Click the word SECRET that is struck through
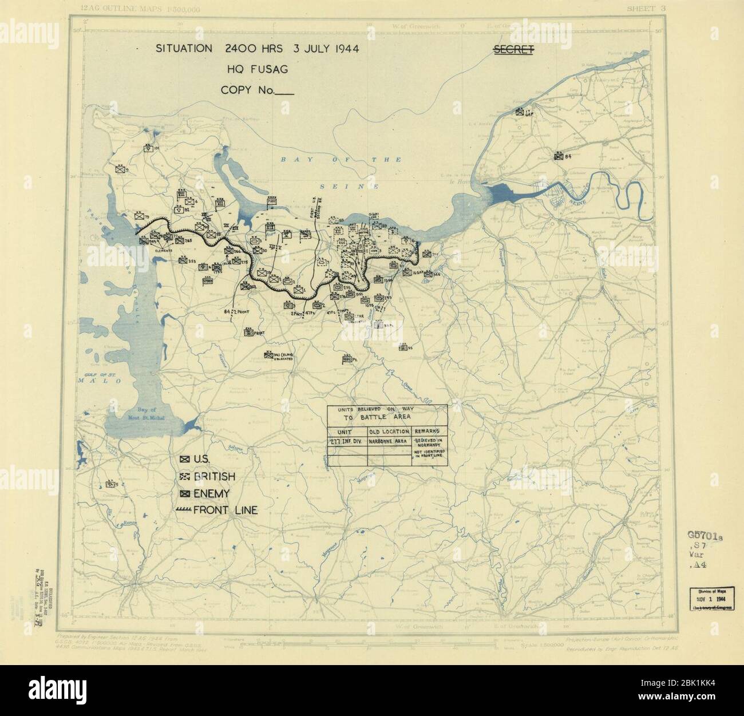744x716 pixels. click(513, 50)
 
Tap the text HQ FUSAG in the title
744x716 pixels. click(256, 69)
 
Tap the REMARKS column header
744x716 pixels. click(428, 431)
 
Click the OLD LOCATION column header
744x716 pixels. click(389, 431)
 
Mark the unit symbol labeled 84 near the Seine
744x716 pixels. click(558, 156)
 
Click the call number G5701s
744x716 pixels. click(706, 536)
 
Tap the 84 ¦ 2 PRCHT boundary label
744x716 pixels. click(236, 311)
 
